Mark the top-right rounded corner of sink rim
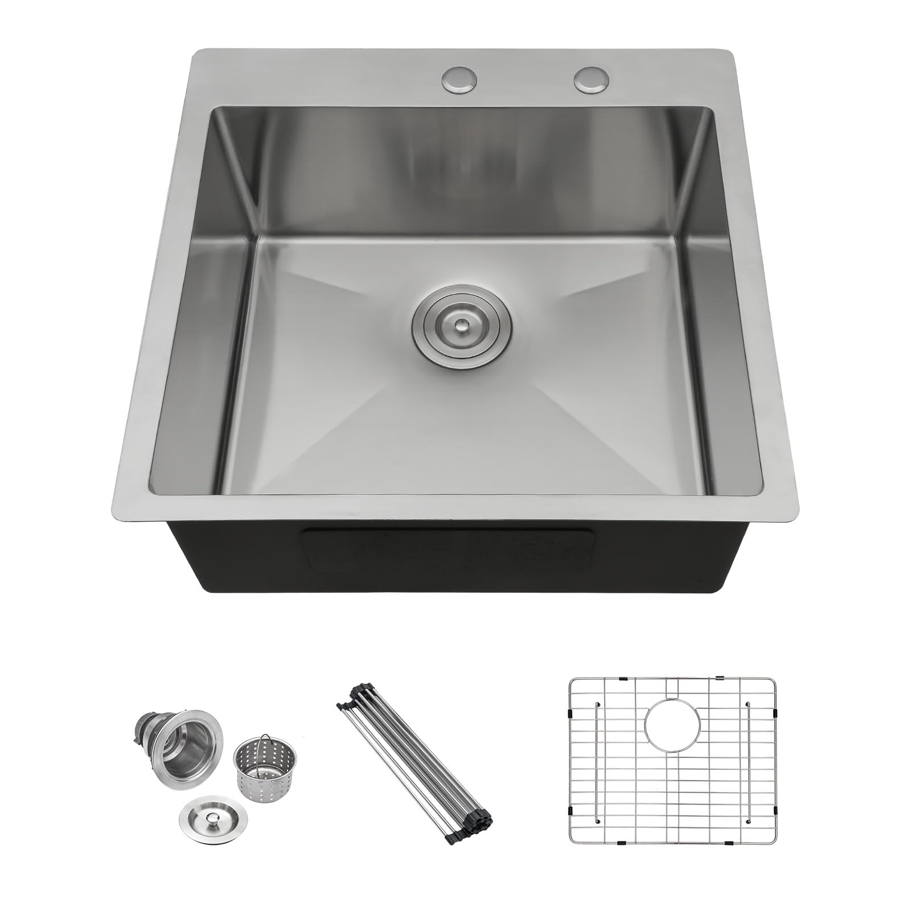(724, 55)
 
